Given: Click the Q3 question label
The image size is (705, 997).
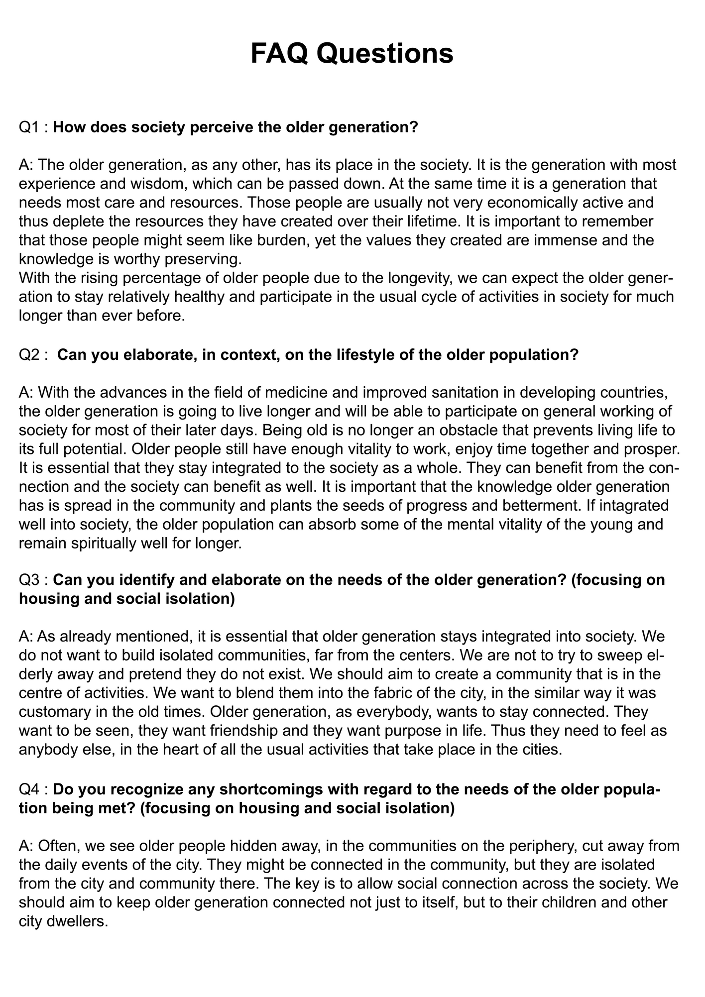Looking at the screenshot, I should click(29, 580).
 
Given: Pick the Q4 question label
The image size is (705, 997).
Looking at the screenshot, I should click(29, 790).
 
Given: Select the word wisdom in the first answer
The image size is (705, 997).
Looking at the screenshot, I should click(145, 184).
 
